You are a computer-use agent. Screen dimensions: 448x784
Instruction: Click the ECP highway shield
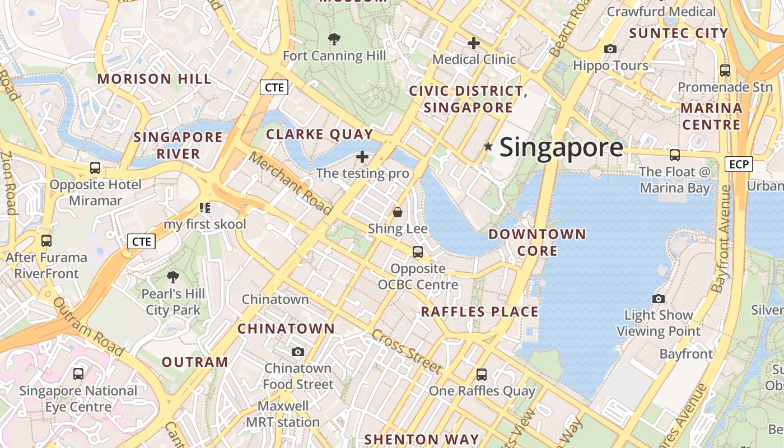(739, 164)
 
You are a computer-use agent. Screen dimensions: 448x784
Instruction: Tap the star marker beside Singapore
(488, 147)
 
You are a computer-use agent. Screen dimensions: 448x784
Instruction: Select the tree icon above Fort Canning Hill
(334, 39)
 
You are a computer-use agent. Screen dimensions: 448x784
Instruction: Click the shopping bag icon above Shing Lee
(398, 212)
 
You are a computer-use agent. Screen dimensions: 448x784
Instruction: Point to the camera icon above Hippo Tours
(610, 49)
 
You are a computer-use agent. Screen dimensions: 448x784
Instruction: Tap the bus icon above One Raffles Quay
(482, 375)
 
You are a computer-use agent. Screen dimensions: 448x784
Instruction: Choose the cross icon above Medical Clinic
(474, 43)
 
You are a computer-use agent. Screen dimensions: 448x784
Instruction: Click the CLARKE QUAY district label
(319, 134)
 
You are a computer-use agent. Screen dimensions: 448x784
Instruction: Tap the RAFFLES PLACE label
(479, 312)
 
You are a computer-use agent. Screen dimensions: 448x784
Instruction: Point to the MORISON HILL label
(155, 79)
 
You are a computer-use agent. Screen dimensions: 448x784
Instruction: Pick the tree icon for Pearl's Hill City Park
(173, 277)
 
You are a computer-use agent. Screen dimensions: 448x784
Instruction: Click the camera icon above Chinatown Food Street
(298, 352)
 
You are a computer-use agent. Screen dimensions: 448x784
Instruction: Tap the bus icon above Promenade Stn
(725, 71)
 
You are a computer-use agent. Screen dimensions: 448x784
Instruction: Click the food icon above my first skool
(205, 208)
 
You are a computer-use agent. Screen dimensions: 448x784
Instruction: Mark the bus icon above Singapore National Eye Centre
(78, 374)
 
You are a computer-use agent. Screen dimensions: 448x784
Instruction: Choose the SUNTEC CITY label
(678, 33)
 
